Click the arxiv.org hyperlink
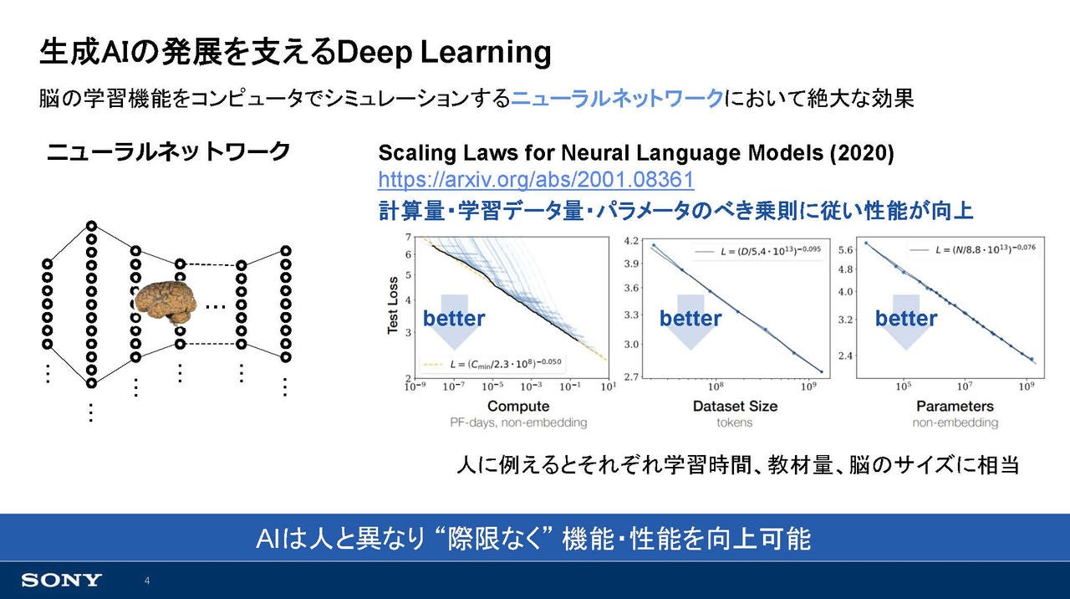[x=536, y=180]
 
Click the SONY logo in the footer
[x=62, y=581]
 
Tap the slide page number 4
[x=147, y=581]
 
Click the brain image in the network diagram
[x=166, y=303]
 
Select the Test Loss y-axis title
[x=393, y=305]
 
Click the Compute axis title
[x=518, y=406]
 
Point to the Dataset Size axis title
[x=735, y=406]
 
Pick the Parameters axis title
[x=955, y=406]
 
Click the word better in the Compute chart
[x=454, y=319]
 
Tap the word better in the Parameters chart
[x=906, y=319]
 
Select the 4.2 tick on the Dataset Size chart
[x=631, y=240]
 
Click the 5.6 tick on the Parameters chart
[x=845, y=250]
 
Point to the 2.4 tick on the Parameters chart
[x=845, y=356]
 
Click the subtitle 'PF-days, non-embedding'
[x=518, y=422]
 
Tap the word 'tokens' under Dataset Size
[x=735, y=422]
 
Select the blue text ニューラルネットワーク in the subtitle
[x=617, y=99]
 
